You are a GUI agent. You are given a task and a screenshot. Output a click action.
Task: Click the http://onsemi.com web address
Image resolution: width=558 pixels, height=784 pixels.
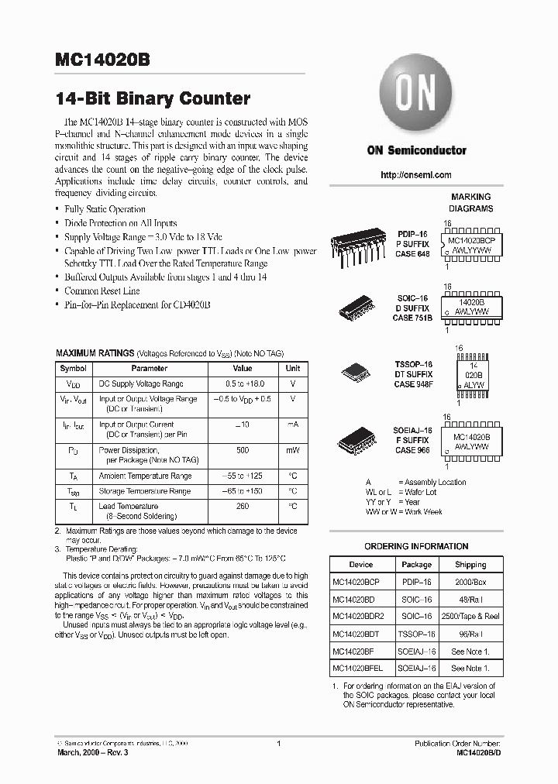coord(416,175)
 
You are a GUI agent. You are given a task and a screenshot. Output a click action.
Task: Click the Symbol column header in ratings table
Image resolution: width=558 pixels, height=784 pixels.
coord(74,369)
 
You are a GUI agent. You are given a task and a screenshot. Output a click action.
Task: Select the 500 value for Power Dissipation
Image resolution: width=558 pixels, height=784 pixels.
coord(243,449)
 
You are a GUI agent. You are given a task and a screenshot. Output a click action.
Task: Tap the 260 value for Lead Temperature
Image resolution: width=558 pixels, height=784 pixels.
coord(243,505)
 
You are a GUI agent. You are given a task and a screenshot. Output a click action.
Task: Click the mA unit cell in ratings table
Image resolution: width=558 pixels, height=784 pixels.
coord(293,425)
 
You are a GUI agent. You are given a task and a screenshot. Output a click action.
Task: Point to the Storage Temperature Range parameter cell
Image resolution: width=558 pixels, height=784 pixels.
coord(144,491)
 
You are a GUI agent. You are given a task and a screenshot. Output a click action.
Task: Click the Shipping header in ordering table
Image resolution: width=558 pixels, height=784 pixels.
coord(470,565)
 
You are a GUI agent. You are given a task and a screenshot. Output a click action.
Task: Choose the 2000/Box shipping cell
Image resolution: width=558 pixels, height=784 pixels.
coord(470,581)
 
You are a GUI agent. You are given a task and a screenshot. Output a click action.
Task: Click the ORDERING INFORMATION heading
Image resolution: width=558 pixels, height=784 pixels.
coord(415,546)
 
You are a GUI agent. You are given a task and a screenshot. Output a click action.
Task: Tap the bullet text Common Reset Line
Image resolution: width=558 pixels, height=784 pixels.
coord(102,291)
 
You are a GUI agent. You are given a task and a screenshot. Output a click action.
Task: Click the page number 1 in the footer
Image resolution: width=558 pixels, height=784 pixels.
coord(277,744)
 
